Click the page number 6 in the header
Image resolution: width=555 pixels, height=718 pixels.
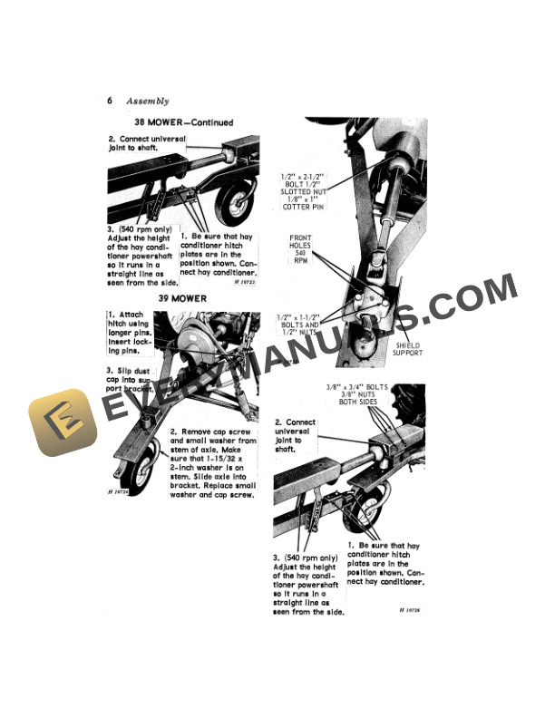(109, 101)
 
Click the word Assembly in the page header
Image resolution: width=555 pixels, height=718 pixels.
(148, 101)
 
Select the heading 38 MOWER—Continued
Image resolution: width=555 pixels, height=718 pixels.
(183, 122)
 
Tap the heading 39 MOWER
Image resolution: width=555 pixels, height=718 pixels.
(182, 297)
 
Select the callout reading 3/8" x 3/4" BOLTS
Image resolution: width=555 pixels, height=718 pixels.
(355, 386)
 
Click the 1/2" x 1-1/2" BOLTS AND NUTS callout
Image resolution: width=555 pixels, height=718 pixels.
(297, 325)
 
